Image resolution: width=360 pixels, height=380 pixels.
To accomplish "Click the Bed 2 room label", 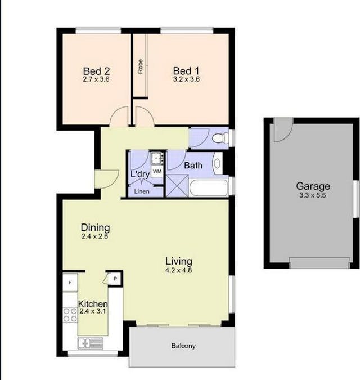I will [x=96, y=71].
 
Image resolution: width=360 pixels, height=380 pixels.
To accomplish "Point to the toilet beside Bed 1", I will [x=220, y=137].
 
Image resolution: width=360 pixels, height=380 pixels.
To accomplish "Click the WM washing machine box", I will [x=157, y=171].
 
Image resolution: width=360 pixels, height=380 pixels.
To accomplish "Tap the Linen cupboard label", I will [x=141, y=191].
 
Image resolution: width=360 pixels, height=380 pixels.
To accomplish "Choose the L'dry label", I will [x=139, y=175].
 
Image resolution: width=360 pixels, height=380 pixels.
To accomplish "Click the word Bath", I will [x=193, y=166].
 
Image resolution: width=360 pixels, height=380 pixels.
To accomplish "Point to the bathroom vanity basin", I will [x=218, y=163].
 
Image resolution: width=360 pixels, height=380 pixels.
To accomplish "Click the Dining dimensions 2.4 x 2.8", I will [x=94, y=237].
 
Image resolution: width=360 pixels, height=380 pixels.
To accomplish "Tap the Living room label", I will [x=178, y=261].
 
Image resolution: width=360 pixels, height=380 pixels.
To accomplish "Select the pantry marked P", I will [x=114, y=278].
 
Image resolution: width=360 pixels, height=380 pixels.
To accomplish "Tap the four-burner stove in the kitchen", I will [x=70, y=315].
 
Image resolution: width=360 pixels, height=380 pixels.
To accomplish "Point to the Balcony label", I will [x=183, y=346].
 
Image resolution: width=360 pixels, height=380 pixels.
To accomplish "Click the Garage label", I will [x=313, y=186].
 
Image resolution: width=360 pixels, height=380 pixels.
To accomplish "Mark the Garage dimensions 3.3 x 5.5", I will [x=313, y=195].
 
